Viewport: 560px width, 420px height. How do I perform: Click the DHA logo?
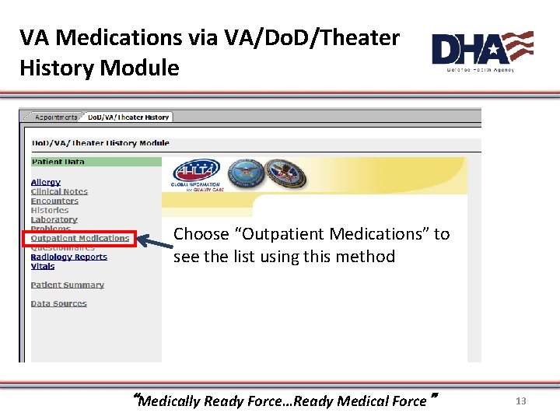click(x=481, y=51)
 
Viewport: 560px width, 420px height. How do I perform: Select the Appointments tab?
click(x=56, y=117)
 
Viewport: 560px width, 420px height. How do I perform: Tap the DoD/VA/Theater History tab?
click(x=128, y=117)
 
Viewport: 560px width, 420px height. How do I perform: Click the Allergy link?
click(x=45, y=182)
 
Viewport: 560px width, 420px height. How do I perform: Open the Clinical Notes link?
click(x=59, y=191)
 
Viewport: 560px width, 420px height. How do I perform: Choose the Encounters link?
click(x=54, y=201)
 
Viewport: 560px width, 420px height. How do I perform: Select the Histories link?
click(x=50, y=210)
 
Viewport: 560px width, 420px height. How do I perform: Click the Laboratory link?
click(x=54, y=219)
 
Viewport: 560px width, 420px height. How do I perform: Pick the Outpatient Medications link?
click(x=79, y=238)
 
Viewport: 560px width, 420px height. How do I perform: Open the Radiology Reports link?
click(x=68, y=257)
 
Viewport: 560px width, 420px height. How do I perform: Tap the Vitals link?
click(x=43, y=266)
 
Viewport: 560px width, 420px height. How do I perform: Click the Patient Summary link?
click(x=67, y=285)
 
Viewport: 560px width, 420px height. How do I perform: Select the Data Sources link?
click(x=58, y=303)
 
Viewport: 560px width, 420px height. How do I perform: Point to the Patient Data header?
click(x=58, y=162)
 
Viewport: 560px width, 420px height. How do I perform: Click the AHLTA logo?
click(x=196, y=172)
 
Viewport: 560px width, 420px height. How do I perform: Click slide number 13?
click(x=520, y=401)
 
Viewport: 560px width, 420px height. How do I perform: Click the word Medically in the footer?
click(x=169, y=401)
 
